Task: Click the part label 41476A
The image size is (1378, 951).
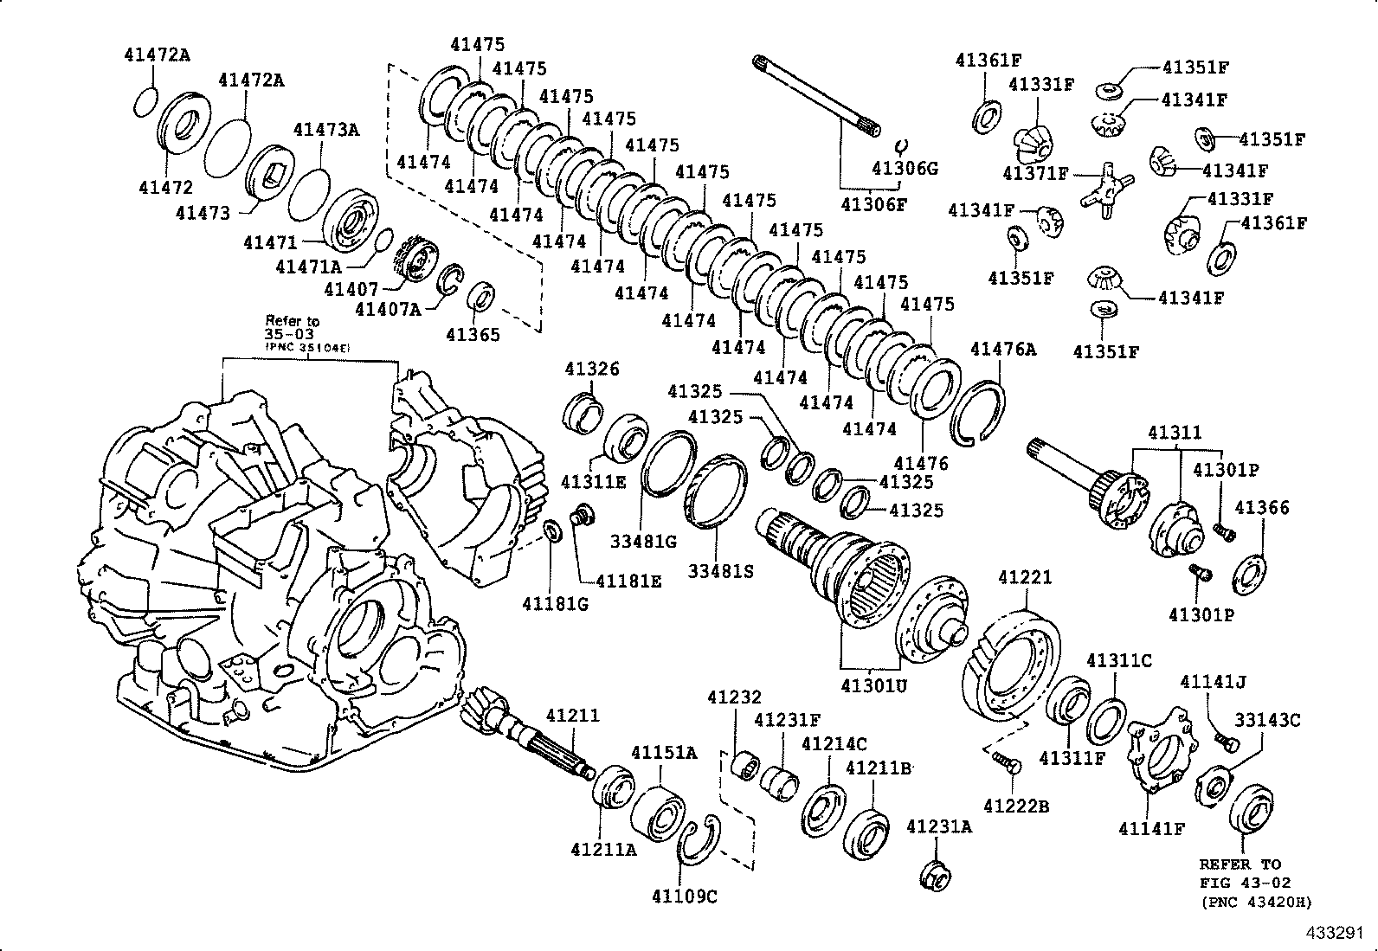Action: (1002, 349)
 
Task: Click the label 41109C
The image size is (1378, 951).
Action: (685, 896)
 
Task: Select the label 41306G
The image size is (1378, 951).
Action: (905, 168)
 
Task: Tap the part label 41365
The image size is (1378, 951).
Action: (473, 334)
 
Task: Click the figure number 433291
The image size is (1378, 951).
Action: (1340, 934)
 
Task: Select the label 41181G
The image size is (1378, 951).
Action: (555, 603)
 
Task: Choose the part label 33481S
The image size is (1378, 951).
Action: (721, 571)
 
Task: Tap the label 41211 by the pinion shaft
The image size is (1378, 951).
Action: (572, 716)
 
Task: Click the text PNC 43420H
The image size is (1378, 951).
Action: (1257, 902)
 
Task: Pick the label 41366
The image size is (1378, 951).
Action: (1261, 507)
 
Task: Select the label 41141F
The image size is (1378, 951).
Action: (1150, 828)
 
